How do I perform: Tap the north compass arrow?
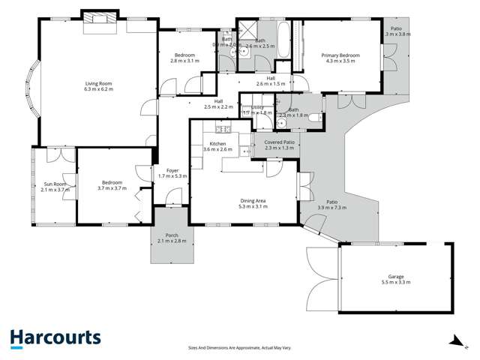coord(454,341)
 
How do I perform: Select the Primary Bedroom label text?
coord(340,55)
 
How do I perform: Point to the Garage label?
coord(396,276)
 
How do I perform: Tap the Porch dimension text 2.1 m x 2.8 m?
coord(172,241)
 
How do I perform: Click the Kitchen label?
coord(217,143)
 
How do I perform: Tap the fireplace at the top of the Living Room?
coord(98,18)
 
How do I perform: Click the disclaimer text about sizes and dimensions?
coord(239,347)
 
